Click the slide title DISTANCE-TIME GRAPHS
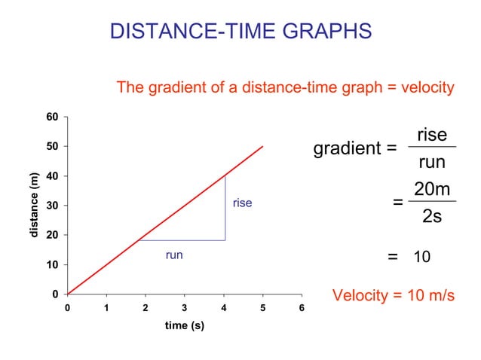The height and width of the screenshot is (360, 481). point(240,31)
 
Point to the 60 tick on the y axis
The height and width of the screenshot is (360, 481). point(52,117)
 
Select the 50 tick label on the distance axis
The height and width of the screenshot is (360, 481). point(52,146)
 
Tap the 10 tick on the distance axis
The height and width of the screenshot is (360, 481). point(52,265)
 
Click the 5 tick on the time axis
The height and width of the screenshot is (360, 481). point(262,307)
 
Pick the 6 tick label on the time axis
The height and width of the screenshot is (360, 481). point(302,307)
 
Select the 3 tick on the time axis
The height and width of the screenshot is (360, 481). point(185,307)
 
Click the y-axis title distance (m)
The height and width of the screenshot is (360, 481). point(34,206)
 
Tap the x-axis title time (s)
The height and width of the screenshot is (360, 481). point(185,325)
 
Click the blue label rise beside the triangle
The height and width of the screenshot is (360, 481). point(242,203)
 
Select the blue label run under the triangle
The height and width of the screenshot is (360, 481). point(174,255)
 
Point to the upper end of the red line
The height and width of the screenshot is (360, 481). point(262,147)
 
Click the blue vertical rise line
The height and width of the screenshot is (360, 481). point(225,211)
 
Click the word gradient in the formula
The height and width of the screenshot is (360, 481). point(348,148)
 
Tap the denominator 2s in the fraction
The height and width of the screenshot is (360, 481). point(432,216)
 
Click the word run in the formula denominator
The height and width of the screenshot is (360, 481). point(432,162)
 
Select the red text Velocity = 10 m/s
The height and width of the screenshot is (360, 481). point(394,294)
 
